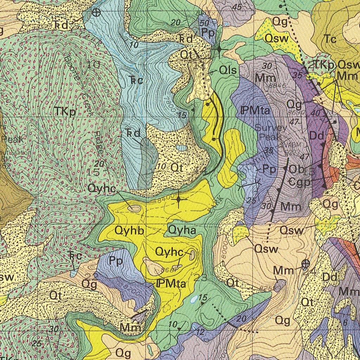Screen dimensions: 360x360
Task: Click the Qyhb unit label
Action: click(129, 231)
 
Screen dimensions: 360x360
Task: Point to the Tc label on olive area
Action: click(330, 39)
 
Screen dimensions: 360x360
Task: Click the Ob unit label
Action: click(296, 169)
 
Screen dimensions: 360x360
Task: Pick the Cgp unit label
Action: click(299, 182)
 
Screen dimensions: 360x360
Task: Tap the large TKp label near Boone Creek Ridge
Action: click(65, 111)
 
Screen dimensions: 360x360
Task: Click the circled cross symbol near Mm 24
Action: click(305, 263)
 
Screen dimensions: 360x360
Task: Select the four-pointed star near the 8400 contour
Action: click(179, 200)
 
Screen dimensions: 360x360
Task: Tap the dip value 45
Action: click(237, 7)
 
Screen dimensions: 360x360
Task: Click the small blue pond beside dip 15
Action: click(193, 300)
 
